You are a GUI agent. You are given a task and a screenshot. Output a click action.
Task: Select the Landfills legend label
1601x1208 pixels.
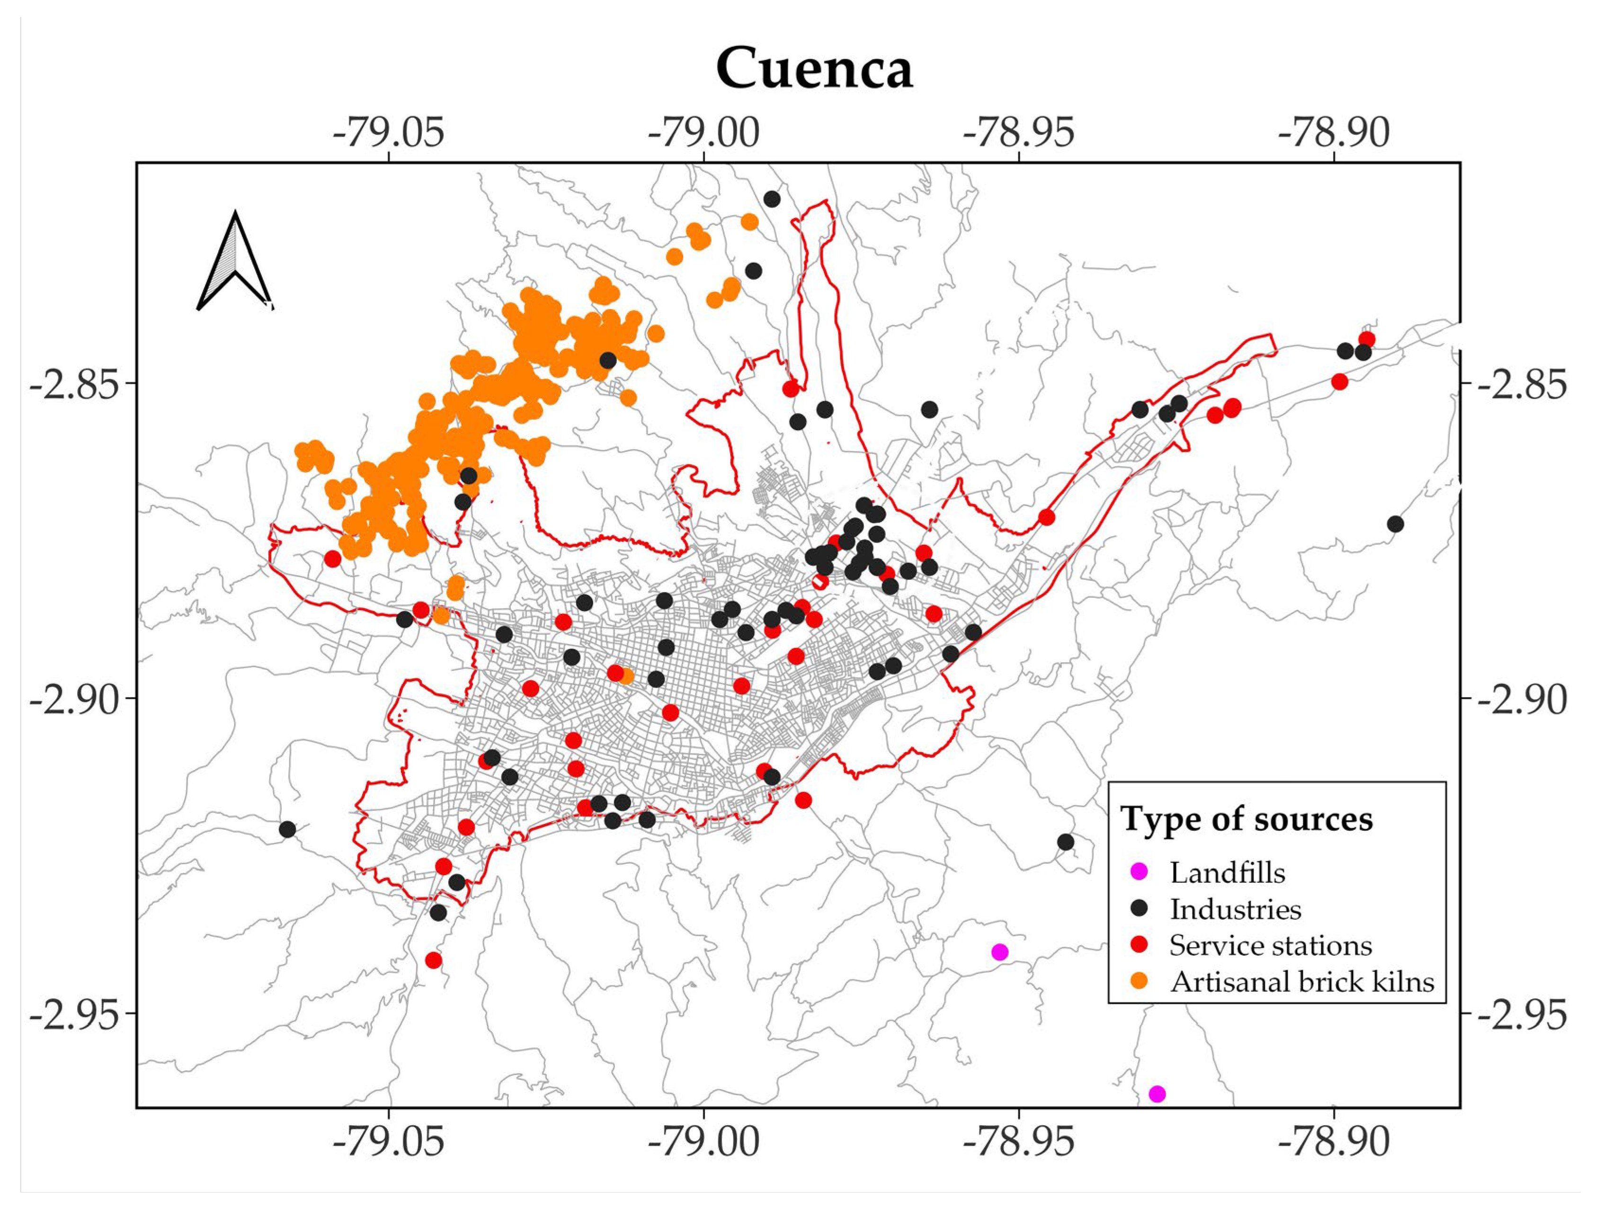click(x=1227, y=873)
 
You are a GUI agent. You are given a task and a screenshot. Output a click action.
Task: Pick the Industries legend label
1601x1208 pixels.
click(x=1236, y=909)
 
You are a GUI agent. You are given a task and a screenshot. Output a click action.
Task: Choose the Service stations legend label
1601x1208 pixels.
click(x=1270, y=945)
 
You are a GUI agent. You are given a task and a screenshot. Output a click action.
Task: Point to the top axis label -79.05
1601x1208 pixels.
click(x=389, y=133)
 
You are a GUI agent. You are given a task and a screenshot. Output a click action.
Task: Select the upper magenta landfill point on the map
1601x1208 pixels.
click(x=999, y=952)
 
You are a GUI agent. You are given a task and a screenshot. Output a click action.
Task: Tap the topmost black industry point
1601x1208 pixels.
click(x=772, y=199)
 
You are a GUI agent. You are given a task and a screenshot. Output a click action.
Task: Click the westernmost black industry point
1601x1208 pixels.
click(x=287, y=829)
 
